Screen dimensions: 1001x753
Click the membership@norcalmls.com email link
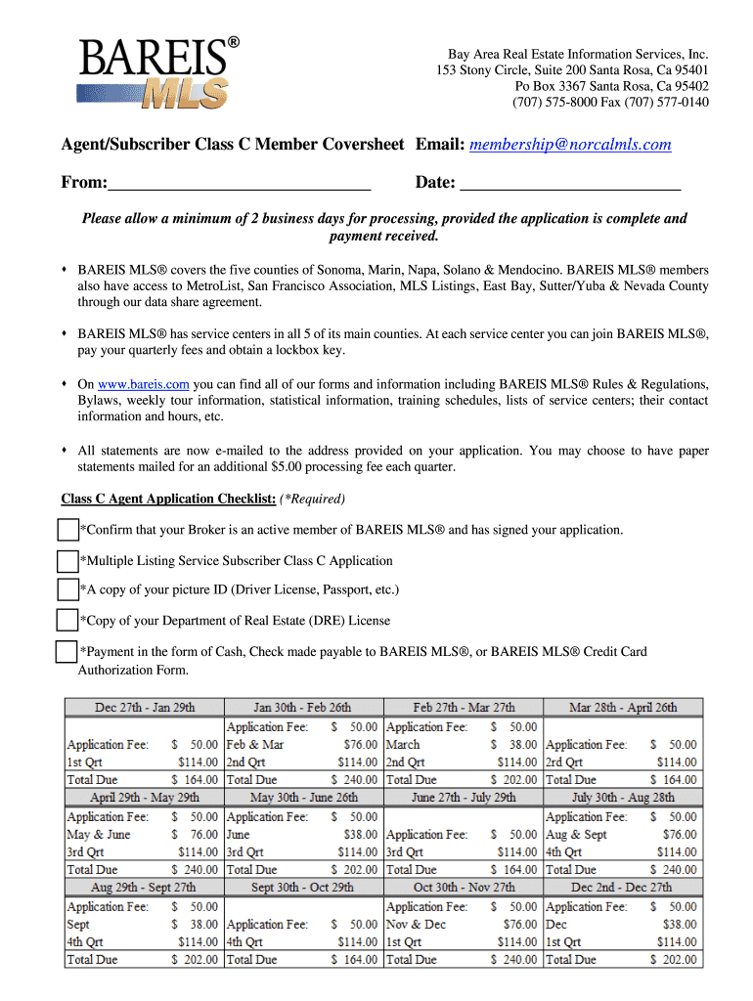(x=570, y=145)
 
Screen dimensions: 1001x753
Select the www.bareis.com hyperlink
(x=143, y=384)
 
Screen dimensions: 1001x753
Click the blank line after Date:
(x=569, y=182)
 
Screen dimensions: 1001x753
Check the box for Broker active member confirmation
(x=67, y=530)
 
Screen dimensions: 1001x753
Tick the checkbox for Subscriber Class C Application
(x=67, y=561)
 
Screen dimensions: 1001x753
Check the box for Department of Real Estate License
(x=67, y=620)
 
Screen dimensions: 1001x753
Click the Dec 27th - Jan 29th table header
(x=145, y=707)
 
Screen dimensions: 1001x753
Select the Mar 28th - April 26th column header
(x=622, y=707)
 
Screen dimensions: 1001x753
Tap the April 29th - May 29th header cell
(x=145, y=797)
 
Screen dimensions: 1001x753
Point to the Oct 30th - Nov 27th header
(x=464, y=887)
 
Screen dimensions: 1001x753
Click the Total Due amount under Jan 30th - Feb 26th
(x=354, y=780)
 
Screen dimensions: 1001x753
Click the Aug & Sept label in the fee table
(x=576, y=835)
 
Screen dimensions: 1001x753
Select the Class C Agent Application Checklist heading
(x=168, y=499)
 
